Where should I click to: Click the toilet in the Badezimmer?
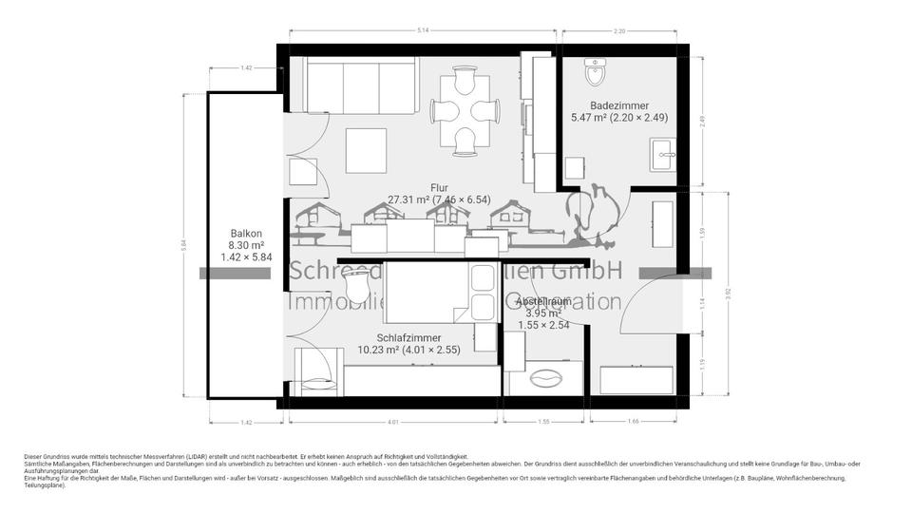(x=596, y=70)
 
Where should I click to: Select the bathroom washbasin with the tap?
(x=661, y=153)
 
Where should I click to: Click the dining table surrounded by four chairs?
(x=465, y=111)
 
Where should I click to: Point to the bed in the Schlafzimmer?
(x=427, y=292)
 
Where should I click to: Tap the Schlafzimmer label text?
(x=408, y=337)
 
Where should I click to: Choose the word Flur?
(x=438, y=188)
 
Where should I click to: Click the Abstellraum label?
(x=544, y=301)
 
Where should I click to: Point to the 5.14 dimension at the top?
(x=424, y=31)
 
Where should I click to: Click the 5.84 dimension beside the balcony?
(x=184, y=244)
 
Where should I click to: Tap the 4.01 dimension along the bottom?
(x=391, y=421)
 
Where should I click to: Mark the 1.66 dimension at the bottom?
(x=634, y=421)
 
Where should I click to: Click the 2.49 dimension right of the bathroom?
(x=703, y=120)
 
